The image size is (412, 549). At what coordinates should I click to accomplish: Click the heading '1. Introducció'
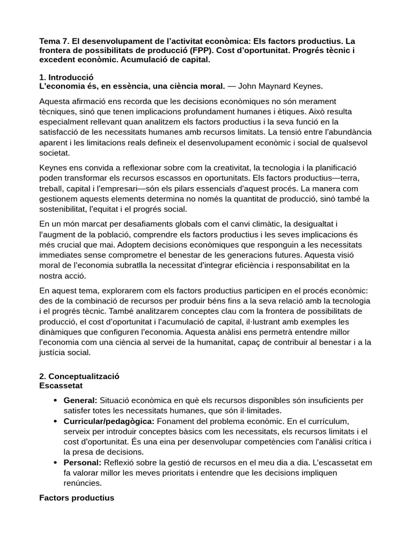[67, 77]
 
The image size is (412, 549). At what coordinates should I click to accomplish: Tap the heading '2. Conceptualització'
[79, 376]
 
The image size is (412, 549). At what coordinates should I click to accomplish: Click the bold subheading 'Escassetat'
[61, 385]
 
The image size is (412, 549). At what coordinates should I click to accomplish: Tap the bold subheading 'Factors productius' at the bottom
[77, 498]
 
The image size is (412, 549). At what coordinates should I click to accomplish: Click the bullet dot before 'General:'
[56, 401]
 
